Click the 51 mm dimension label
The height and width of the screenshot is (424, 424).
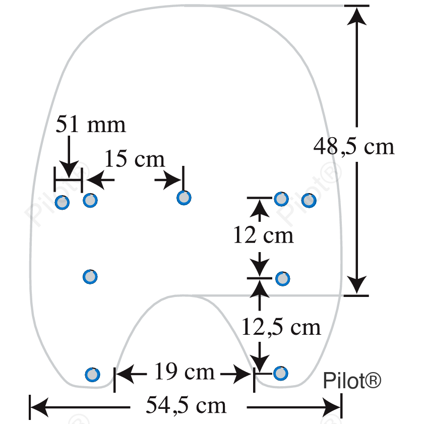click(x=91, y=124)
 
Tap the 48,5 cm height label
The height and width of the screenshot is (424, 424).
click(x=354, y=146)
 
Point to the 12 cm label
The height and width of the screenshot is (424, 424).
click(x=263, y=235)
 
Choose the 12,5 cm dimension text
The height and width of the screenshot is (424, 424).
click(x=281, y=327)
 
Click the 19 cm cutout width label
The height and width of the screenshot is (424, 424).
click(x=185, y=372)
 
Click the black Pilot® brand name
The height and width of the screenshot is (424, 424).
click(x=352, y=381)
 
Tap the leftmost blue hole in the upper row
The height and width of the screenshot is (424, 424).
click(x=62, y=203)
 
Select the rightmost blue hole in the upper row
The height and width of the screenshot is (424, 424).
click(x=309, y=200)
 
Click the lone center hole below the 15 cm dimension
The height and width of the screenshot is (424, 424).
click(x=184, y=198)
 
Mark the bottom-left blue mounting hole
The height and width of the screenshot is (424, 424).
click(x=92, y=375)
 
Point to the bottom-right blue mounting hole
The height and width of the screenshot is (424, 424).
click(x=281, y=374)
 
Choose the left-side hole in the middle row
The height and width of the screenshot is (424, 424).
click(x=90, y=277)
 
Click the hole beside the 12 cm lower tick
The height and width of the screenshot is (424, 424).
click(x=282, y=279)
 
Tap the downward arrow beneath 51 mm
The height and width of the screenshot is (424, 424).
click(x=69, y=157)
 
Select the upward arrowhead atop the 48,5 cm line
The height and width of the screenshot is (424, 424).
click(x=356, y=16)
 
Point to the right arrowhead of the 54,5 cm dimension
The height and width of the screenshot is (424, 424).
click(x=332, y=407)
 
